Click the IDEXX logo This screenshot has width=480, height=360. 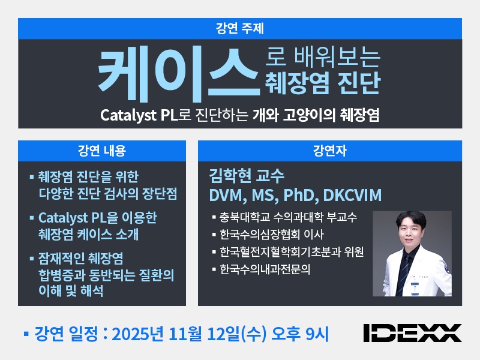(x=412, y=332)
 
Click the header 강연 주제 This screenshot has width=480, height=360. (x=239, y=28)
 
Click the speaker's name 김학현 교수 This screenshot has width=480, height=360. (x=246, y=177)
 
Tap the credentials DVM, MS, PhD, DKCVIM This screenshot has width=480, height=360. (x=295, y=196)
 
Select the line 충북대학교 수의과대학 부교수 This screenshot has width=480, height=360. (x=288, y=217)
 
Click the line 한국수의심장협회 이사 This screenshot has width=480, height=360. (x=272, y=234)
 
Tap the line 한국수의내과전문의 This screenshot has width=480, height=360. (x=265, y=269)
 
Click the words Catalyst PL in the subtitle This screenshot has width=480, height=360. (x=137, y=115)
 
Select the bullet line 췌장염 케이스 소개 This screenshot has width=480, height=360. (x=88, y=234)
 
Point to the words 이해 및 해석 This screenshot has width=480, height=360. (x=70, y=292)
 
